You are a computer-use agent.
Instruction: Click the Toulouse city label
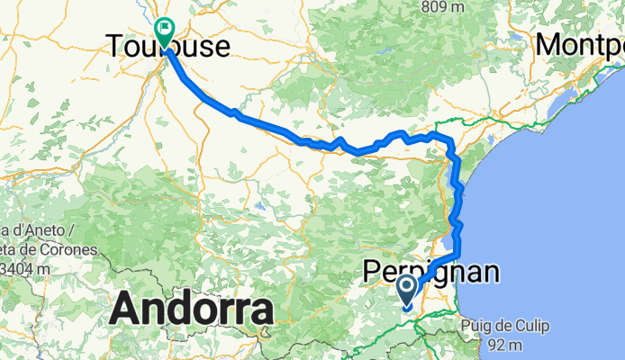click(x=168, y=46)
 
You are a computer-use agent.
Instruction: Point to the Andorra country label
click(x=191, y=310)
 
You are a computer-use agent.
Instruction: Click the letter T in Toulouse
click(x=115, y=46)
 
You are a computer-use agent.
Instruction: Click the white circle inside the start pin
click(x=406, y=288)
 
